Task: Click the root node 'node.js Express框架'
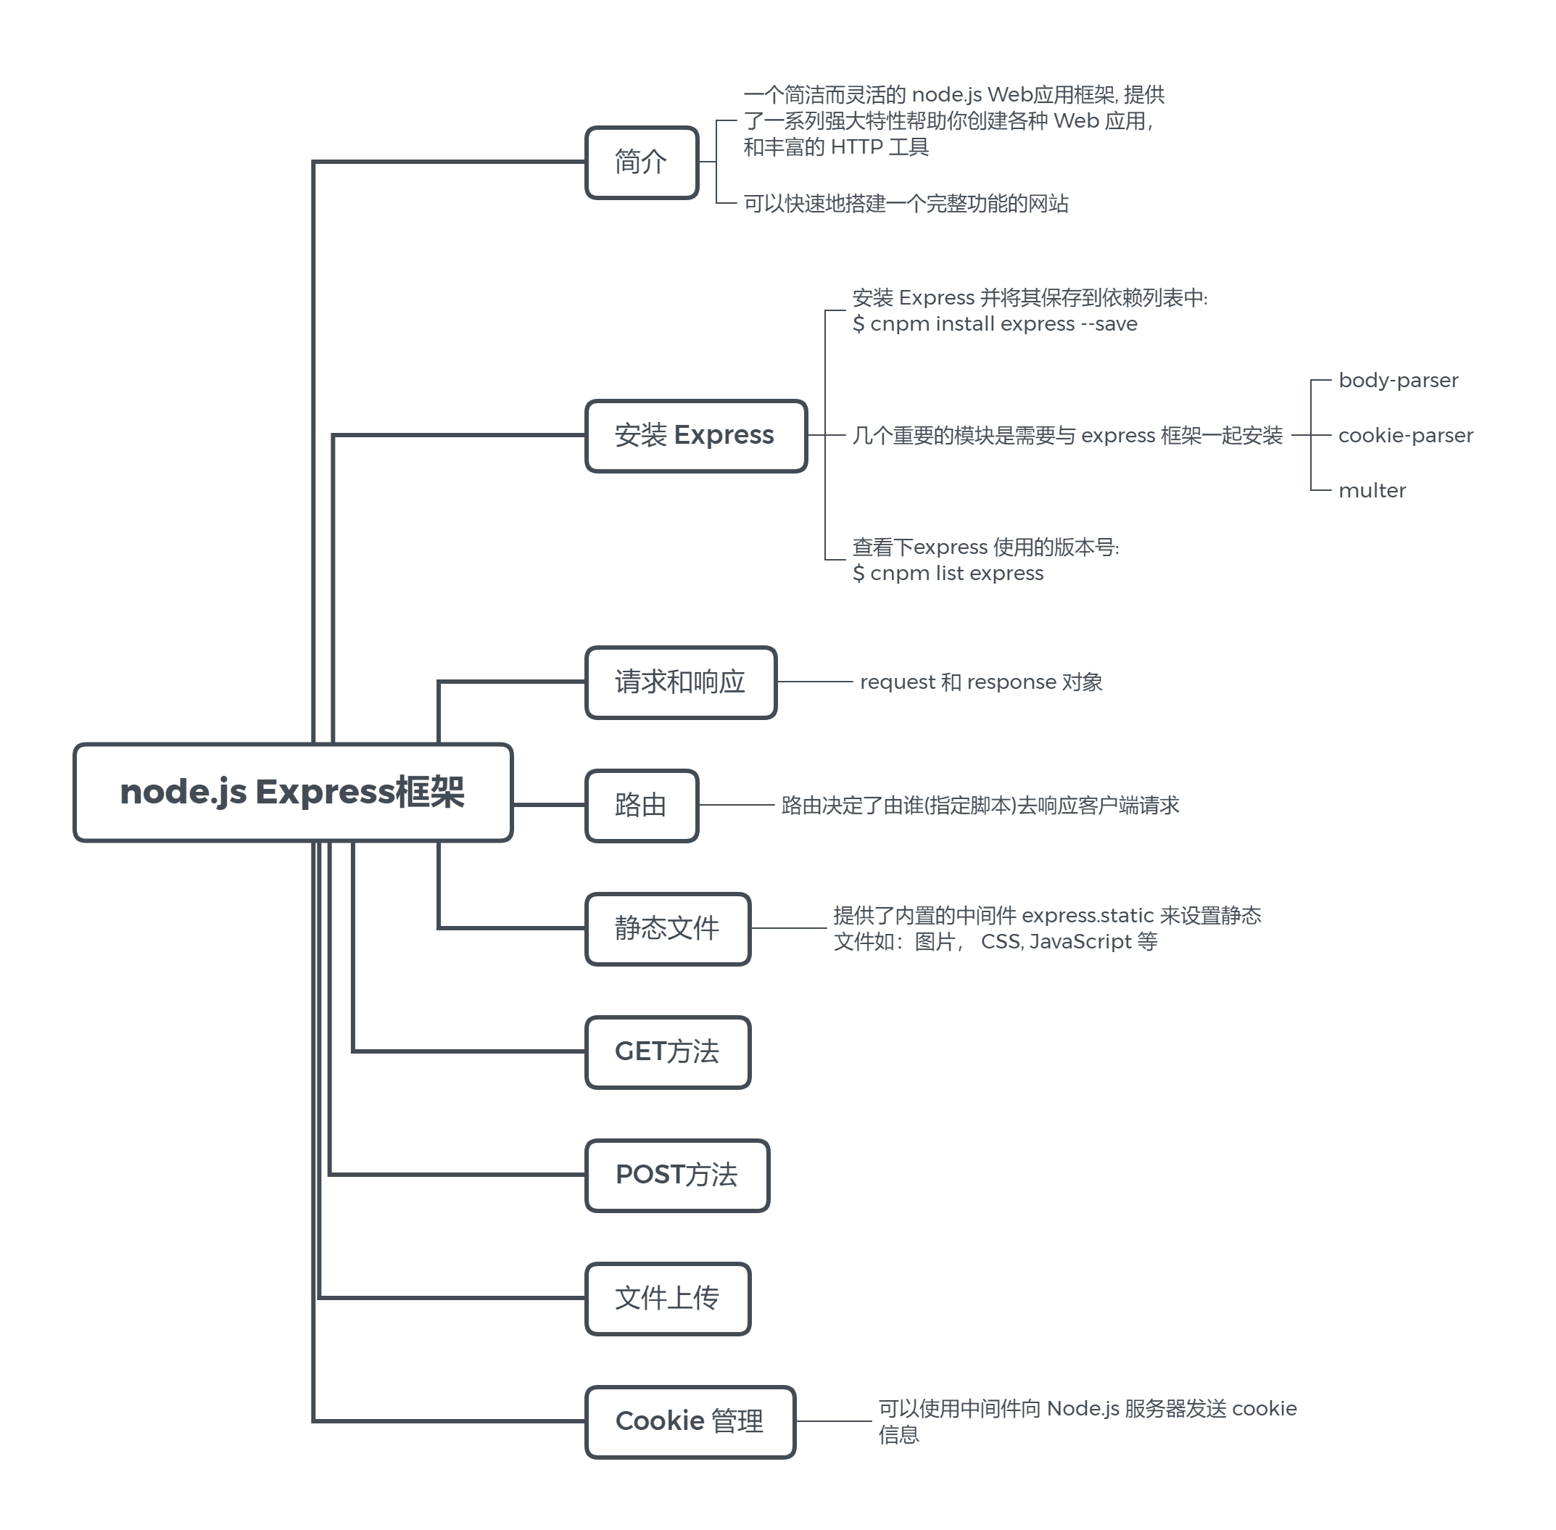292,793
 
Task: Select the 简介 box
642,162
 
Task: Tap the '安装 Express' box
695,436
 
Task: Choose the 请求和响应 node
680,682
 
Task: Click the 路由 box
642,805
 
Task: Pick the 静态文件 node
667,928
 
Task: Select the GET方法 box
667,1052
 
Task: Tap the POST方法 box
676,1175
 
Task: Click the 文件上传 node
667,1298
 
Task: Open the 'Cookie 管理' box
690,1421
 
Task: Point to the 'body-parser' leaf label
1398,380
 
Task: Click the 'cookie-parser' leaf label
1405,436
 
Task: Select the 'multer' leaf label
1372,490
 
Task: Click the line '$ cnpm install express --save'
995,324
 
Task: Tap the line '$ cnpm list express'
948,573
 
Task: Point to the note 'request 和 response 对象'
980,682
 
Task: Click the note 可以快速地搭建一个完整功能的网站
906,203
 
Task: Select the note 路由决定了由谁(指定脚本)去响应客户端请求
980,805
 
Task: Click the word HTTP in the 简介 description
857,147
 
